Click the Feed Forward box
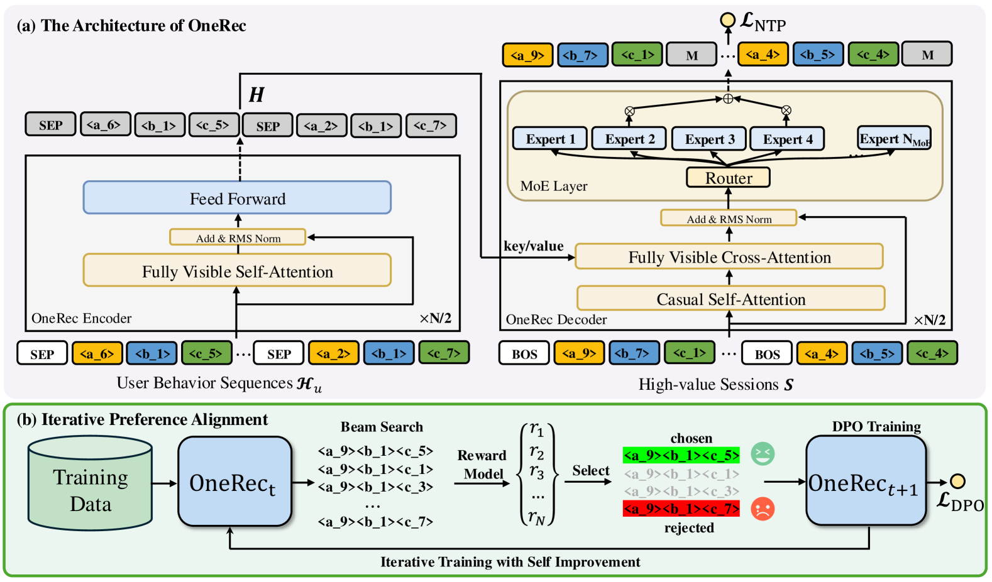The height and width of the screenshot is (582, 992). click(238, 198)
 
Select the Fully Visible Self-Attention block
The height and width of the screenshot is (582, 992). click(238, 270)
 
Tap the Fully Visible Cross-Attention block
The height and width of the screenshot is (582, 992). click(729, 257)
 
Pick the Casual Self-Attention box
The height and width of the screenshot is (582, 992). click(730, 298)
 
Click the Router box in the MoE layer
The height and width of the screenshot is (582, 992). click(728, 177)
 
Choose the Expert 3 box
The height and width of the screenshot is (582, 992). click(709, 138)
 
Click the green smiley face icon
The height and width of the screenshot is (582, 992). click(763, 454)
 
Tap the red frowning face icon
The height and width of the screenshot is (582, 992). click(763, 509)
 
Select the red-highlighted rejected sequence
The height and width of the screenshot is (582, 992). click(681, 509)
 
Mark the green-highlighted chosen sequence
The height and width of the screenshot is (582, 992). click(681, 455)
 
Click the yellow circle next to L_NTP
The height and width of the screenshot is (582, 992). click(727, 20)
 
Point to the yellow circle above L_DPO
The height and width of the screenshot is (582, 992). click(957, 481)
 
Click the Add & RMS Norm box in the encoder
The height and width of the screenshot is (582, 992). click(238, 237)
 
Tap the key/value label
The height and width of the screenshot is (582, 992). click(534, 246)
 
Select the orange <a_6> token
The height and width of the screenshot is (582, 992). click(97, 353)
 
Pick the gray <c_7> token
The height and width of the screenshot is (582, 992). click(431, 126)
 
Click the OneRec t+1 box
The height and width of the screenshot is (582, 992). click(866, 481)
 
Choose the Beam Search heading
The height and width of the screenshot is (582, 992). click(382, 427)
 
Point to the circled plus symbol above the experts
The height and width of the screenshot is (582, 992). click(728, 99)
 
